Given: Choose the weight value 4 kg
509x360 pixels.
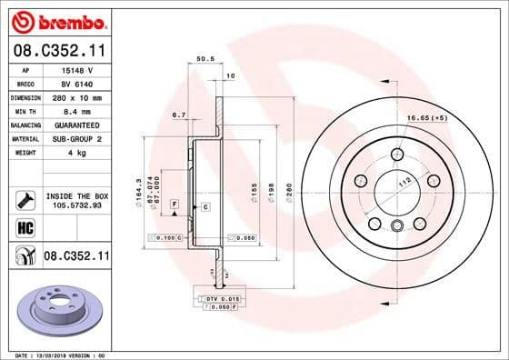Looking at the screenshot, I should point(72,152).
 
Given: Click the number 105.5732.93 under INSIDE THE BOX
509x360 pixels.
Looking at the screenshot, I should point(75,206).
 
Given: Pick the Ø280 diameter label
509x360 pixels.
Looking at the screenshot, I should point(288,193).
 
